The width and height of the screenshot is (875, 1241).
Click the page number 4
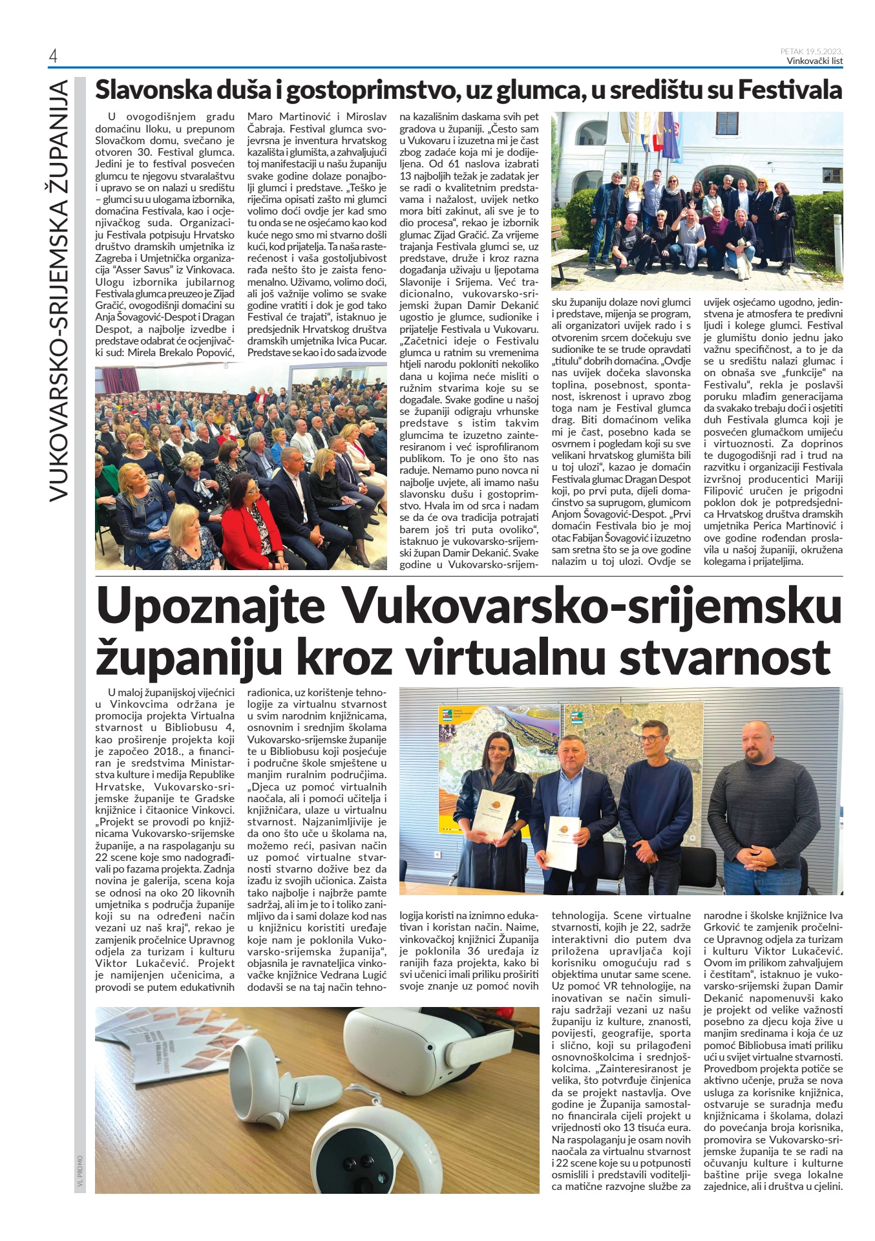[x=53, y=57]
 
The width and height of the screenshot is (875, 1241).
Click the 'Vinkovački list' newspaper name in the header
[x=814, y=61]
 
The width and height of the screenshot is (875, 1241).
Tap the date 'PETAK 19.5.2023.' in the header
[x=811, y=52]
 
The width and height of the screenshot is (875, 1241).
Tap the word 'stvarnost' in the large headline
[x=724, y=658]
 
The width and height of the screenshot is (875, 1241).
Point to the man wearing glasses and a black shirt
[x=656, y=808]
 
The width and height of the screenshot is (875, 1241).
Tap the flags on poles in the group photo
[x=653, y=136]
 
